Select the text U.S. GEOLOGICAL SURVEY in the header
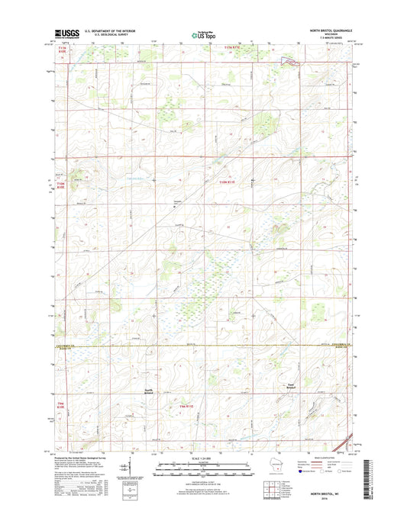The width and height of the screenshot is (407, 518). (117, 35)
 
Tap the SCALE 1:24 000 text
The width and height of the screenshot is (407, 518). (203, 461)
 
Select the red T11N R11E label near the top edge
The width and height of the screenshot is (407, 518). (235, 47)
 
